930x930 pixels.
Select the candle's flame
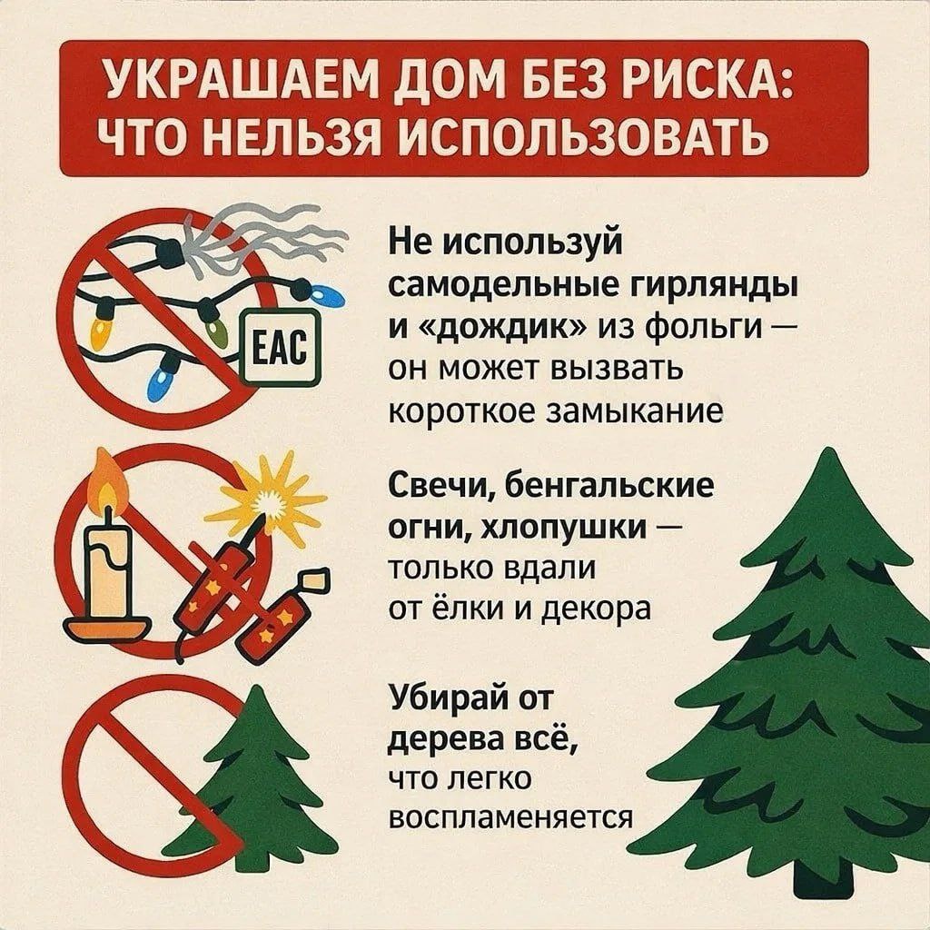pyautogui.click(x=107, y=483)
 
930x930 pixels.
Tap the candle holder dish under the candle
pyautogui.click(x=107, y=628)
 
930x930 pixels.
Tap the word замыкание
pyautogui.click(x=634, y=411)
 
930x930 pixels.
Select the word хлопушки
pyautogui.click(x=567, y=528)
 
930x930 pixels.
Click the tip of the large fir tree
pyautogui.click(x=826, y=450)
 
